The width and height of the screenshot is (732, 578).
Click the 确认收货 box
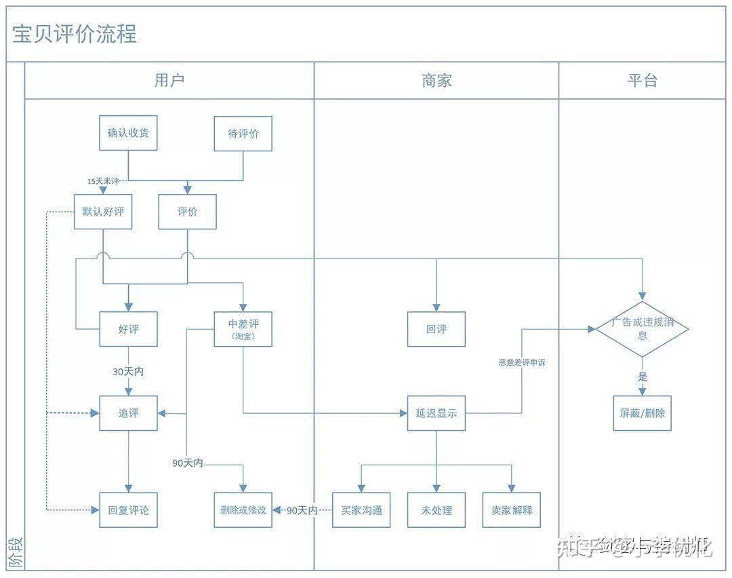(x=128, y=133)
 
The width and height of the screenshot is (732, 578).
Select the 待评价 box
(x=243, y=134)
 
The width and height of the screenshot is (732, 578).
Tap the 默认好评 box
(x=103, y=212)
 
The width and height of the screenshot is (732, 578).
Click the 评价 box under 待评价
(x=187, y=212)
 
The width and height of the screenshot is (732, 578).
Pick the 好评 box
(x=128, y=329)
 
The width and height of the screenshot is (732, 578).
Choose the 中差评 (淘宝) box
(x=243, y=329)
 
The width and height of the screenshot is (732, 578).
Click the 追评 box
(x=128, y=413)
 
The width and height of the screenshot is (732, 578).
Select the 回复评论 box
(x=128, y=509)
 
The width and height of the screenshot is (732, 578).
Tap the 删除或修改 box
(x=243, y=509)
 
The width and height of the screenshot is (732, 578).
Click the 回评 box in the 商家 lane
(x=436, y=329)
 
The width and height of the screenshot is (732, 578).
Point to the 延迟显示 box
(x=436, y=413)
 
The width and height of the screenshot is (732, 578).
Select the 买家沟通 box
(x=361, y=509)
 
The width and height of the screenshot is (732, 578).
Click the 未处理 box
(x=436, y=509)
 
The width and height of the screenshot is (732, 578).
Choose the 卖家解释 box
(x=512, y=509)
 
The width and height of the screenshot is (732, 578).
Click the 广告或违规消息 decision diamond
(x=642, y=329)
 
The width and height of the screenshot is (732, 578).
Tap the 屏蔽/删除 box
(x=642, y=413)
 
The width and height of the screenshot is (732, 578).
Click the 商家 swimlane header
(x=436, y=81)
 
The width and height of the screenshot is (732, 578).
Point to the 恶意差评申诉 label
(x=522, y=363)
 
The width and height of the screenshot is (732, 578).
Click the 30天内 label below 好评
(x=128, y=372)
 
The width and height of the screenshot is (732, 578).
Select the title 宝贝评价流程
(x=75, y=34)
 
